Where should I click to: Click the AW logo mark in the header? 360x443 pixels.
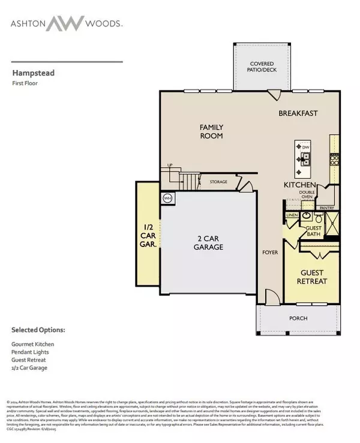[x=64, y=23]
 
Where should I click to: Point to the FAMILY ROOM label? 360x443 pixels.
[x=211, y=131]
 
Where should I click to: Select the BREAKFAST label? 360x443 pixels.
[x=298, y=113]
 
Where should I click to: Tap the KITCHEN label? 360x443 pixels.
[x=296, y=186]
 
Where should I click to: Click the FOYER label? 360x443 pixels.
[x=270, y=252]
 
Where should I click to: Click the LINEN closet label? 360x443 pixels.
[x=292, y=214]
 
